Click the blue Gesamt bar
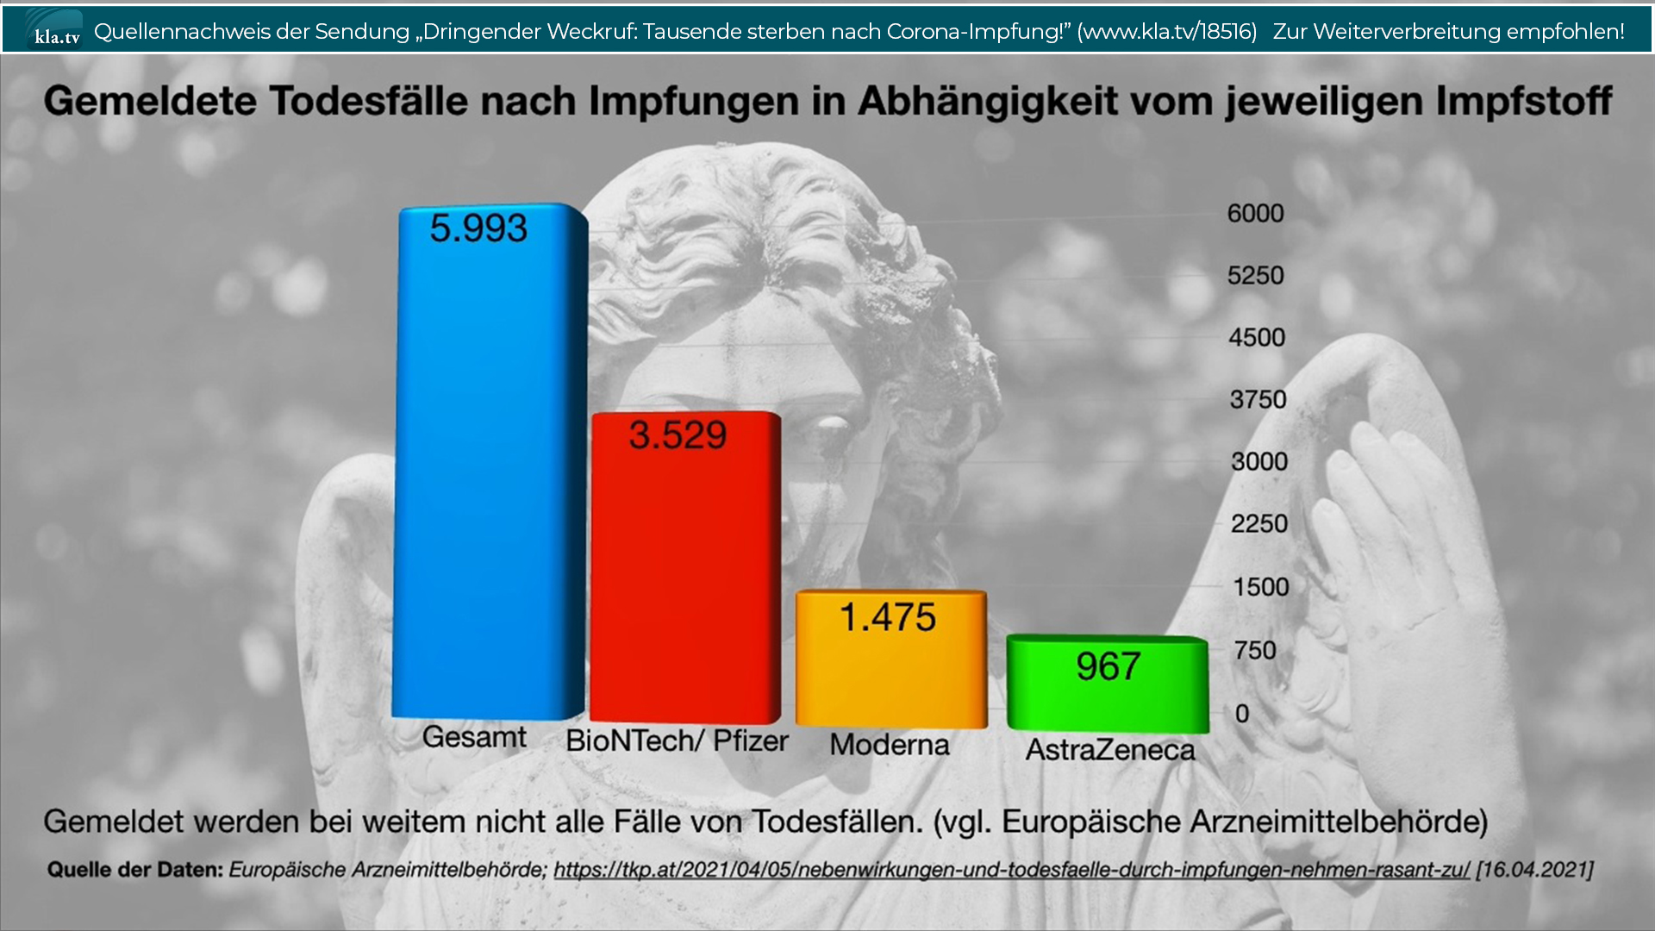click(489, 483)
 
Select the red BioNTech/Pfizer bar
click(685, 586)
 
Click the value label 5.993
click(478, 228)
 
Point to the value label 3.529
click(678, 435)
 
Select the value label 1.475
click(888, 617)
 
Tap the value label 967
click(1108, 666)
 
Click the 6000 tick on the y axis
click(1255, 214)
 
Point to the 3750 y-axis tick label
click(1258, 400)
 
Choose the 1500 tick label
click(1260, 587)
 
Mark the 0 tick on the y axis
click(1242, 714)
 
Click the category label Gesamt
click(474, 738)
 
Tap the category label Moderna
click(890, 745)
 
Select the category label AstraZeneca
click(1110, 750)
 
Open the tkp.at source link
click(1011, 870)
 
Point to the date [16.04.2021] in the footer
click(1534, 870)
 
